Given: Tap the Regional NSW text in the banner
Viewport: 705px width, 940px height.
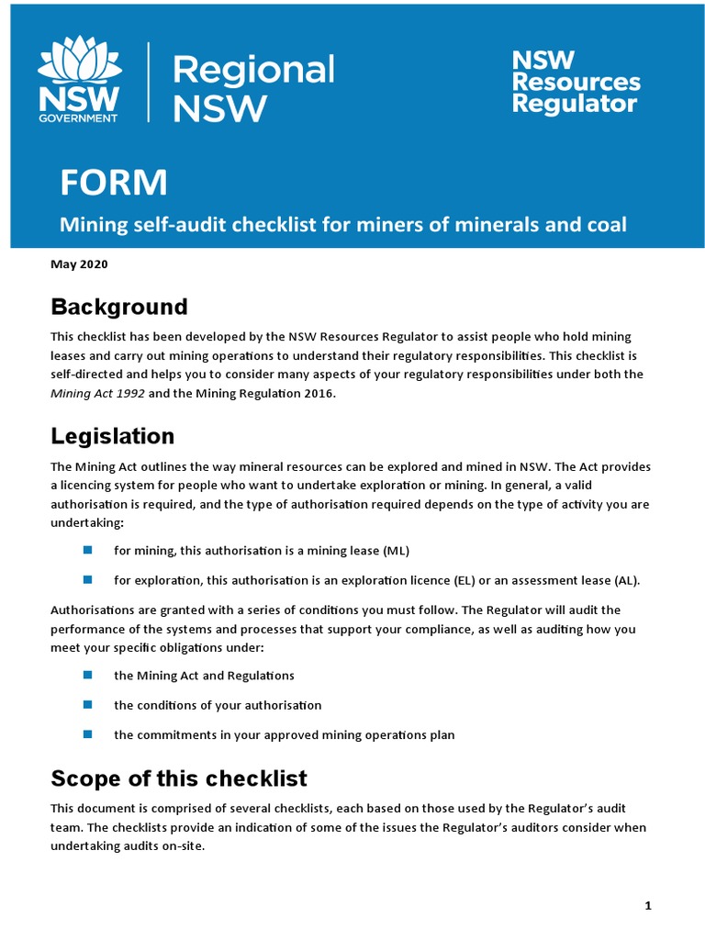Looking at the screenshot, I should coord(254,89).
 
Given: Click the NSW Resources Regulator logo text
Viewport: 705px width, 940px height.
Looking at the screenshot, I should coord(576,82).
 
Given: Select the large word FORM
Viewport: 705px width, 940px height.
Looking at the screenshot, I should coord(114,184).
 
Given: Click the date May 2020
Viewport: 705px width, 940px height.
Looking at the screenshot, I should coord(79,264).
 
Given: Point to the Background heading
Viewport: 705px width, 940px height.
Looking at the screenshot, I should coord(119,307).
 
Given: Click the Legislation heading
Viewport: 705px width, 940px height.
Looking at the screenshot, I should coord(112,435).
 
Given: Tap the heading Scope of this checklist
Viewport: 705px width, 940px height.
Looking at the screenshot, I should coord(178,778).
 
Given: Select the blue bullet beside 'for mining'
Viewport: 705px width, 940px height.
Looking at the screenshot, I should coord(88,550).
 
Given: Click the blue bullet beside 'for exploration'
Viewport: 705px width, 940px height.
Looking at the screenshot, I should coord(88,579).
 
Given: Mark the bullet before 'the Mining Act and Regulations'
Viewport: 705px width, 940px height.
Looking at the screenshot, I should coord(88,675).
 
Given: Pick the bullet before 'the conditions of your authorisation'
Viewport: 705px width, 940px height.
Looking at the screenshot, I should coord(88,705).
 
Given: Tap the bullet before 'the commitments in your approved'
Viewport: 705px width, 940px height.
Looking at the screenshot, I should coord(88,734).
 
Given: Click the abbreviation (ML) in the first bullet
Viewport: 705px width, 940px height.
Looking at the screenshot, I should coord(395,551).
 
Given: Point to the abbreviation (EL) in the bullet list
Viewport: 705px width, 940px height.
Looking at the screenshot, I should coord(465,580).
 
